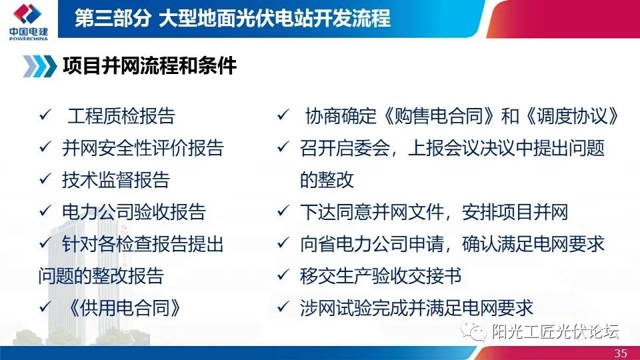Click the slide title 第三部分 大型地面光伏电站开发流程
(233, 18)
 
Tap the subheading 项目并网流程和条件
(149, 65)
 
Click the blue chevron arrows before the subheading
(39, 66)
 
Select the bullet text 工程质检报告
(121, 116)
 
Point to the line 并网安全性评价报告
(143, 148)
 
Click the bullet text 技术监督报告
(115, 180)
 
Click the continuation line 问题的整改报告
(101, 276)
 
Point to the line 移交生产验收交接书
(381, 276)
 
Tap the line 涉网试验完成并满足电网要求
(417, 308)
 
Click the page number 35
(621, 353)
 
